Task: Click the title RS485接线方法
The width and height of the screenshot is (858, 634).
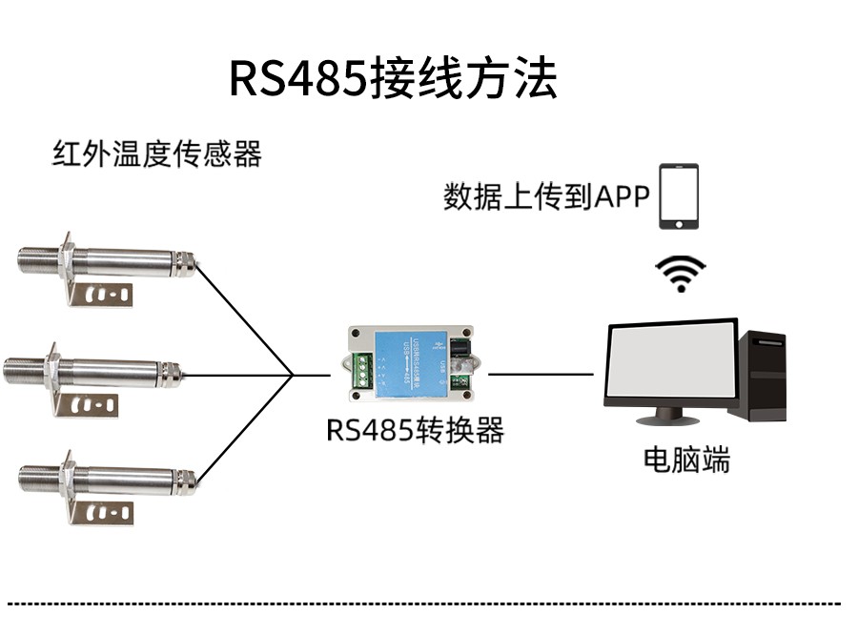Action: [x=393, y=80]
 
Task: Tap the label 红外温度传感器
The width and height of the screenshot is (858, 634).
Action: [x=156, y=153]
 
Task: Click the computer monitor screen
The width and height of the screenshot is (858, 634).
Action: [x=671, y=363]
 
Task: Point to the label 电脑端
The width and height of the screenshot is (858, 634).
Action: [x=686, y=460]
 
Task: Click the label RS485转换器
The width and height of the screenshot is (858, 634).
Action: [x=415, y=431]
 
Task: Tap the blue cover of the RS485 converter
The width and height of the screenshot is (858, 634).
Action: [x=409, y=361]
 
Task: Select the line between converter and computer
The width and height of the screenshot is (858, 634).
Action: [x=540, y=374]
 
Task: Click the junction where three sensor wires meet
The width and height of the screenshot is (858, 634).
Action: [x=292, y=375]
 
